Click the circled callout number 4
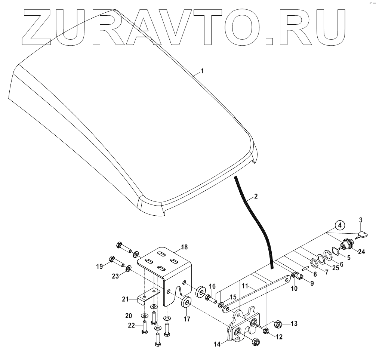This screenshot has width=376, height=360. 339,225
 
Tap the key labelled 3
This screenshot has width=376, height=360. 362,235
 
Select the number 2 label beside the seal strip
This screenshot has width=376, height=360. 255,196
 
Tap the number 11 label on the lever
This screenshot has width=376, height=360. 255,286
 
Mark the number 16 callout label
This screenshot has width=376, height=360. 212,286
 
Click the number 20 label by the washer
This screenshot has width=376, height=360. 128,315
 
